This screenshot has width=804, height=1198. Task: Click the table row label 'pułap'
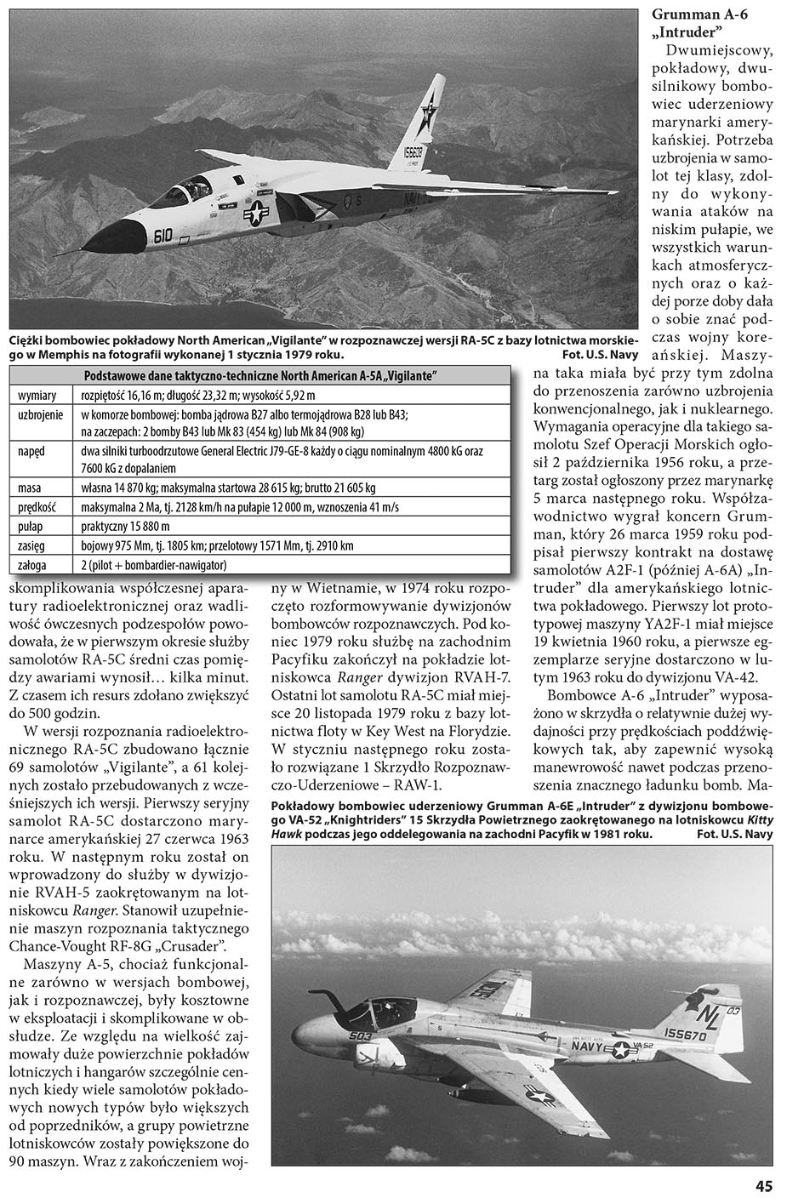coord(31,527)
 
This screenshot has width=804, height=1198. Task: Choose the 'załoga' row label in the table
coord(33,565)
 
